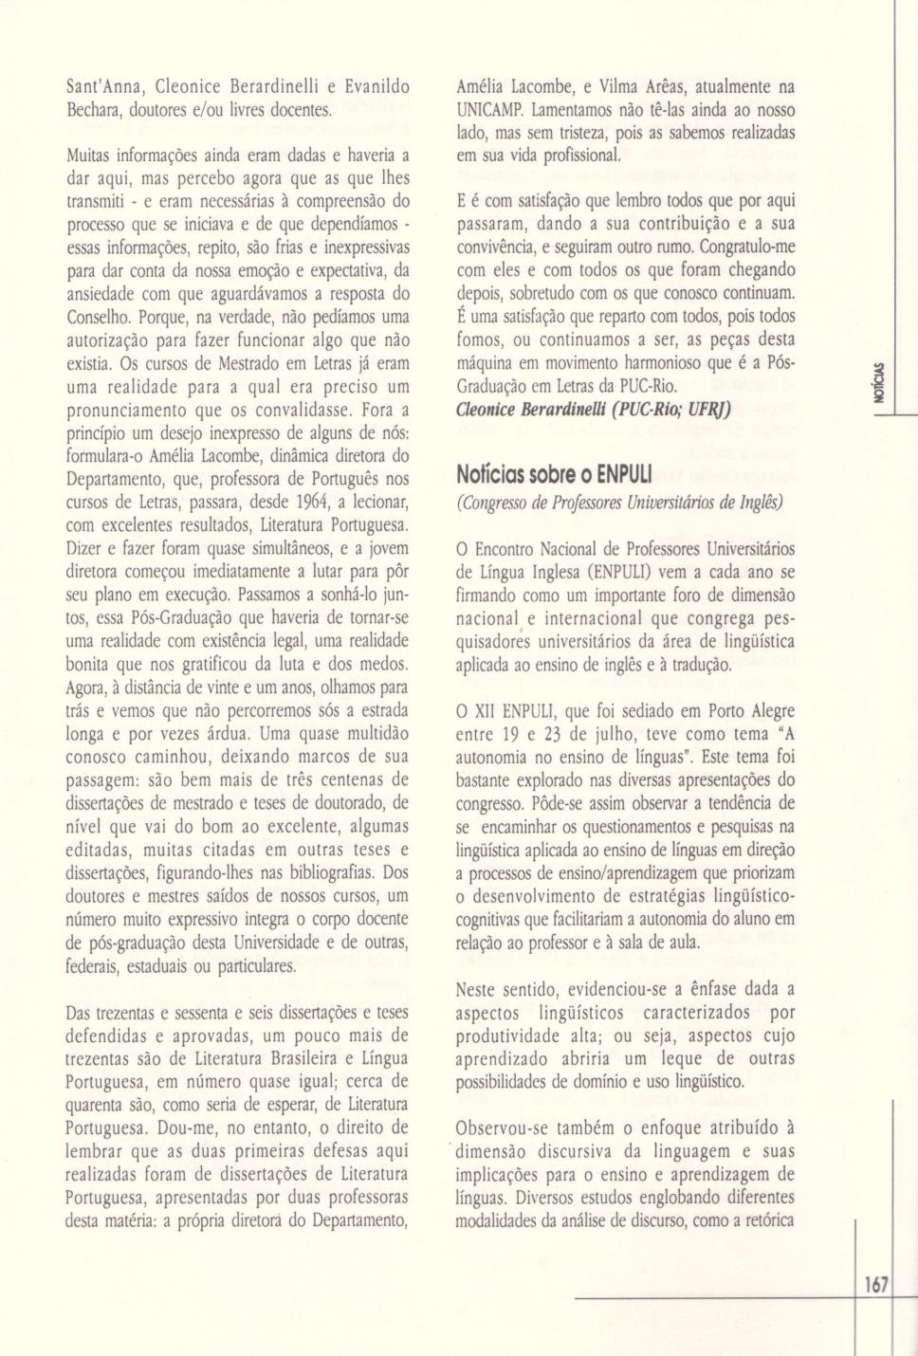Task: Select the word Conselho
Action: [x=100, y=317]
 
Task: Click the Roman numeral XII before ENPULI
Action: [x=492, y=711]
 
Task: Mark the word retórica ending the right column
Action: [x=762, y=1220]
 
